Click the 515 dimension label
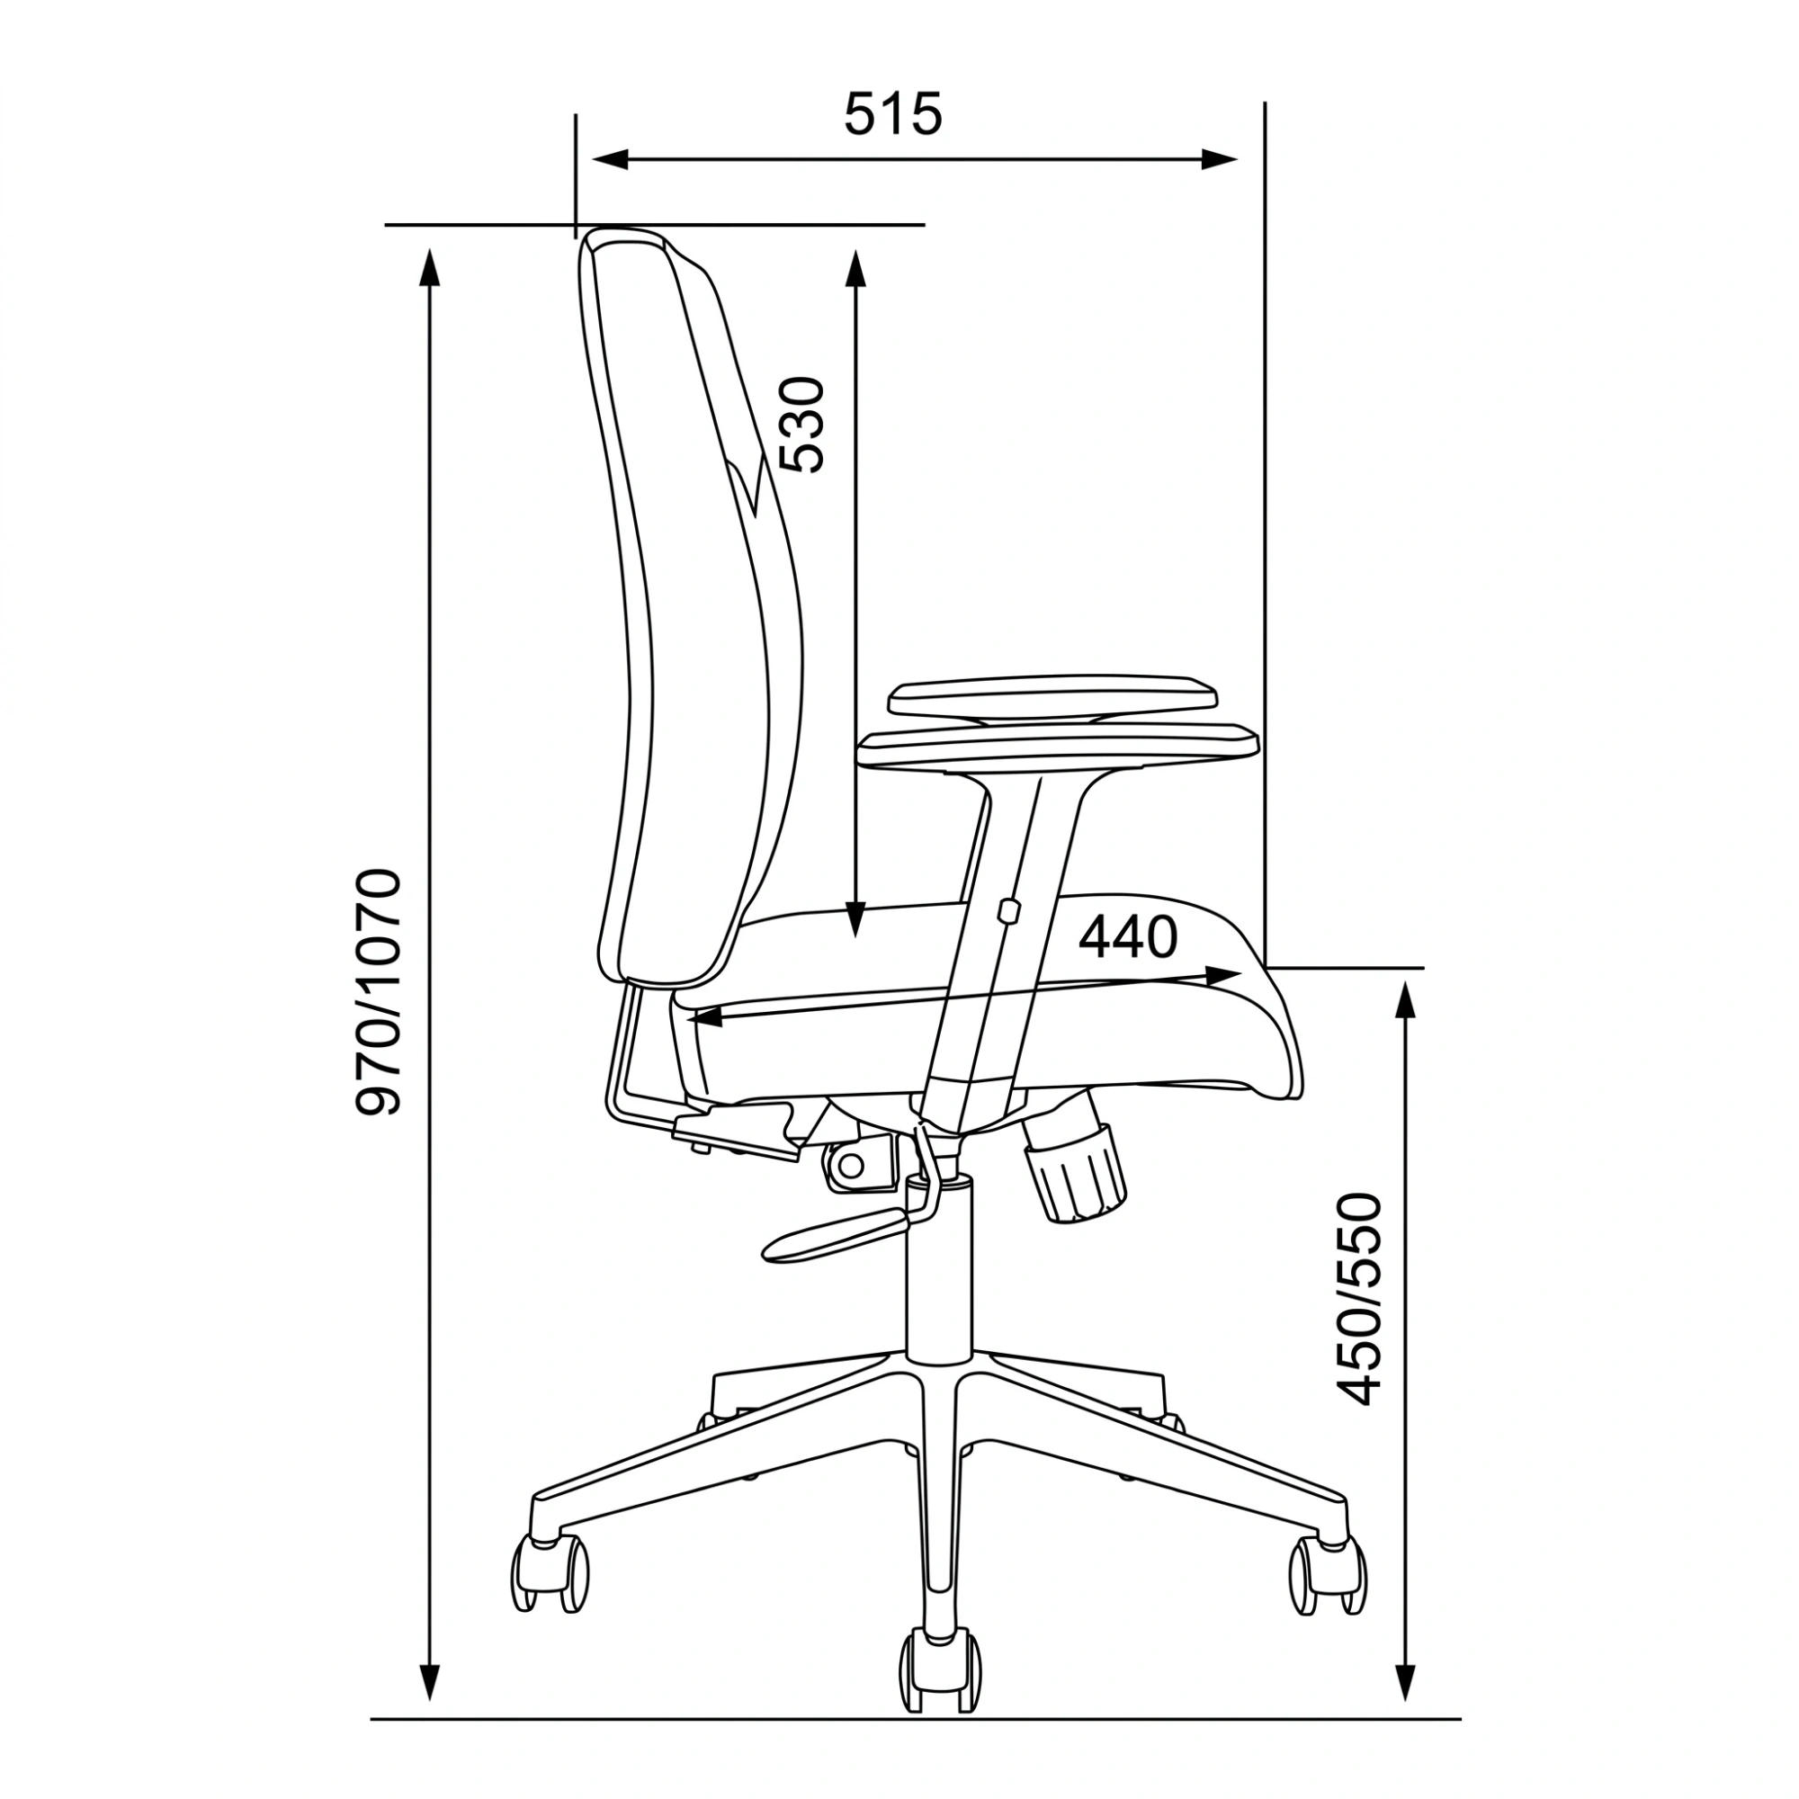pos(893,114)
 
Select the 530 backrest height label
pos(801,425)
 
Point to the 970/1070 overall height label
pos(379,991)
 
